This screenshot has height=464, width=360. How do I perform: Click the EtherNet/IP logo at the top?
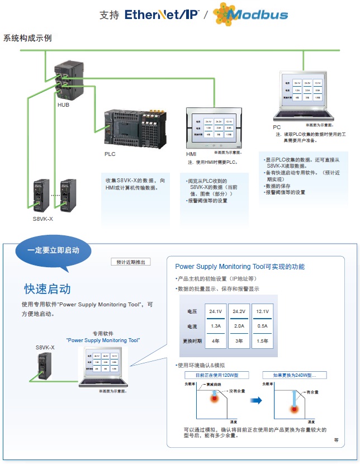coord(162,15)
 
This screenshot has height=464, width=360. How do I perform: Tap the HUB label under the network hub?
coord(63,105)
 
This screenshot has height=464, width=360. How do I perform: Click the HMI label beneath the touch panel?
coord(191,154)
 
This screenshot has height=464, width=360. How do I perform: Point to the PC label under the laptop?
coord(277,127)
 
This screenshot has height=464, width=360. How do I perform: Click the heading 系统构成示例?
coord(27,39)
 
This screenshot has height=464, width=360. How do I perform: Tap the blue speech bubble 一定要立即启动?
coord(53,250)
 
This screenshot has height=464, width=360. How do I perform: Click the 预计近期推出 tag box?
coord(131,262)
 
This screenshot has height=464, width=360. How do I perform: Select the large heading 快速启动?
coord(47,289)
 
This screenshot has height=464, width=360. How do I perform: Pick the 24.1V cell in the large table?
coord(215,311)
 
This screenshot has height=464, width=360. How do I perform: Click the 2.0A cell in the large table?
coord(239,326)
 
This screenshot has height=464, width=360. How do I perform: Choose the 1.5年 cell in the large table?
coord(262,340)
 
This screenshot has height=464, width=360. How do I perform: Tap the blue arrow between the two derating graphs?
coord(256,400)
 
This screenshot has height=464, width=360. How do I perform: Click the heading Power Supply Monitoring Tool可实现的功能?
coord(240,267)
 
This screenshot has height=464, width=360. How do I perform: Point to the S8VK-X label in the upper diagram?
coord(43,219)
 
